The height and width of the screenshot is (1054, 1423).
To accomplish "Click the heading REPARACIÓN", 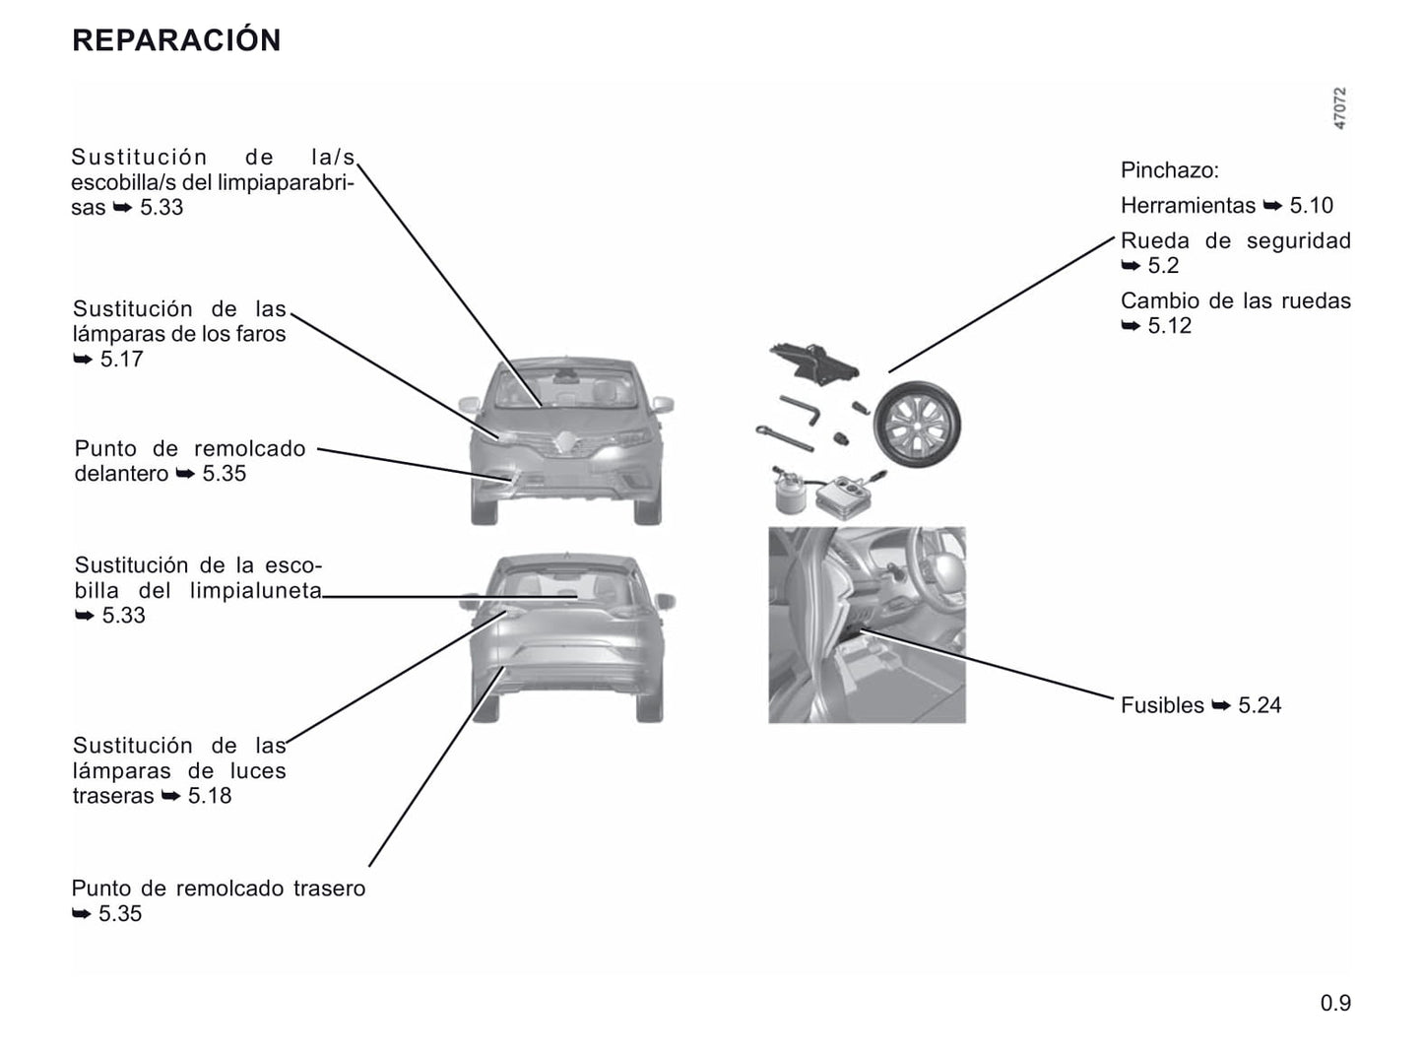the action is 176,39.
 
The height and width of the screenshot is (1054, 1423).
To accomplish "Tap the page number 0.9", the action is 1335,1002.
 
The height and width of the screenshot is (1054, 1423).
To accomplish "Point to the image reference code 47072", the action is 1339,108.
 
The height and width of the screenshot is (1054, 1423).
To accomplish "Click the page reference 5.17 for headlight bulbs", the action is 121,359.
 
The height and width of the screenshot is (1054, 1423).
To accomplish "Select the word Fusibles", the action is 1162,705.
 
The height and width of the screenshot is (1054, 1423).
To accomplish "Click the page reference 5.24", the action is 1260,705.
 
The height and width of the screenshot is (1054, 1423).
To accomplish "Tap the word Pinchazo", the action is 1169,170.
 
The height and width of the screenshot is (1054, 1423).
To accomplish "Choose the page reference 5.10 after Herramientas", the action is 1312,206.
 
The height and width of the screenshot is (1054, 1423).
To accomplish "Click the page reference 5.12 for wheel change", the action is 1170,325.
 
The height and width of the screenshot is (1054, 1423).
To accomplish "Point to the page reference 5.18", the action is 209,795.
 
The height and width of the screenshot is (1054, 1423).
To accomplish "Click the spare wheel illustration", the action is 917,424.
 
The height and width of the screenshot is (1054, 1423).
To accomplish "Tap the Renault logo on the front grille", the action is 565,443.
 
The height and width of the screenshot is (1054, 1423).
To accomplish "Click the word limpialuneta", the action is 255,591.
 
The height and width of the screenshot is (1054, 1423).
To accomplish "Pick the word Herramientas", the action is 1188,206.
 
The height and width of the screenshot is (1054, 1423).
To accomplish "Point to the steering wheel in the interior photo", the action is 938,564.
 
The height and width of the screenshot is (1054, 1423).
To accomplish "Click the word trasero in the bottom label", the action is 329,889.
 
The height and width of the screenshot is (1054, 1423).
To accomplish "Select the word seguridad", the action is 1299,241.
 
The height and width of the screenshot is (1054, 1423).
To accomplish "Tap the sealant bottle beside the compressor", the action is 790,492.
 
